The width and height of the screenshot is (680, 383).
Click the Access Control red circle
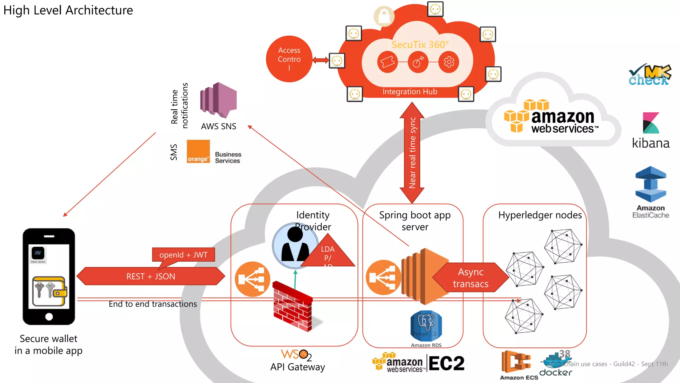click(x=289, y=59)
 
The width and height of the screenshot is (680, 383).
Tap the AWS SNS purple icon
click(x=218, y=100)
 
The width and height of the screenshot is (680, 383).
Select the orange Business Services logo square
click(x=198, y=151)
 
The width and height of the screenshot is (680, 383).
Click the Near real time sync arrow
click(x=412, y=153)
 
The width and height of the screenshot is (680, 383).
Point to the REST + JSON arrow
click(x=150, y=276)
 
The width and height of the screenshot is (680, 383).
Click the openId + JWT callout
click(x=183, y=255)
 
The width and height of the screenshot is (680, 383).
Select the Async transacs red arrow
click(x=470, y=278)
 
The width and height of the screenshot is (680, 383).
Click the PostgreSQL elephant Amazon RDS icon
click(x=426, y=325)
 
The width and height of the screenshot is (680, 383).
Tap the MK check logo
click(x=649, y=75)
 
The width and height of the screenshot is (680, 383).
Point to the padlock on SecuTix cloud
click(x=384, y=16)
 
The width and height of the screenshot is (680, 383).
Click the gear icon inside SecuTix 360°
click(x=449, y=62)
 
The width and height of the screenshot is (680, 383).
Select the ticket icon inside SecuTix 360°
click(x=387, y=62)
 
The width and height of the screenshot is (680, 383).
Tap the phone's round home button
click(x=49, y=317)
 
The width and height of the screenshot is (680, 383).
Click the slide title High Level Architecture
click(x=68, y=10)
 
